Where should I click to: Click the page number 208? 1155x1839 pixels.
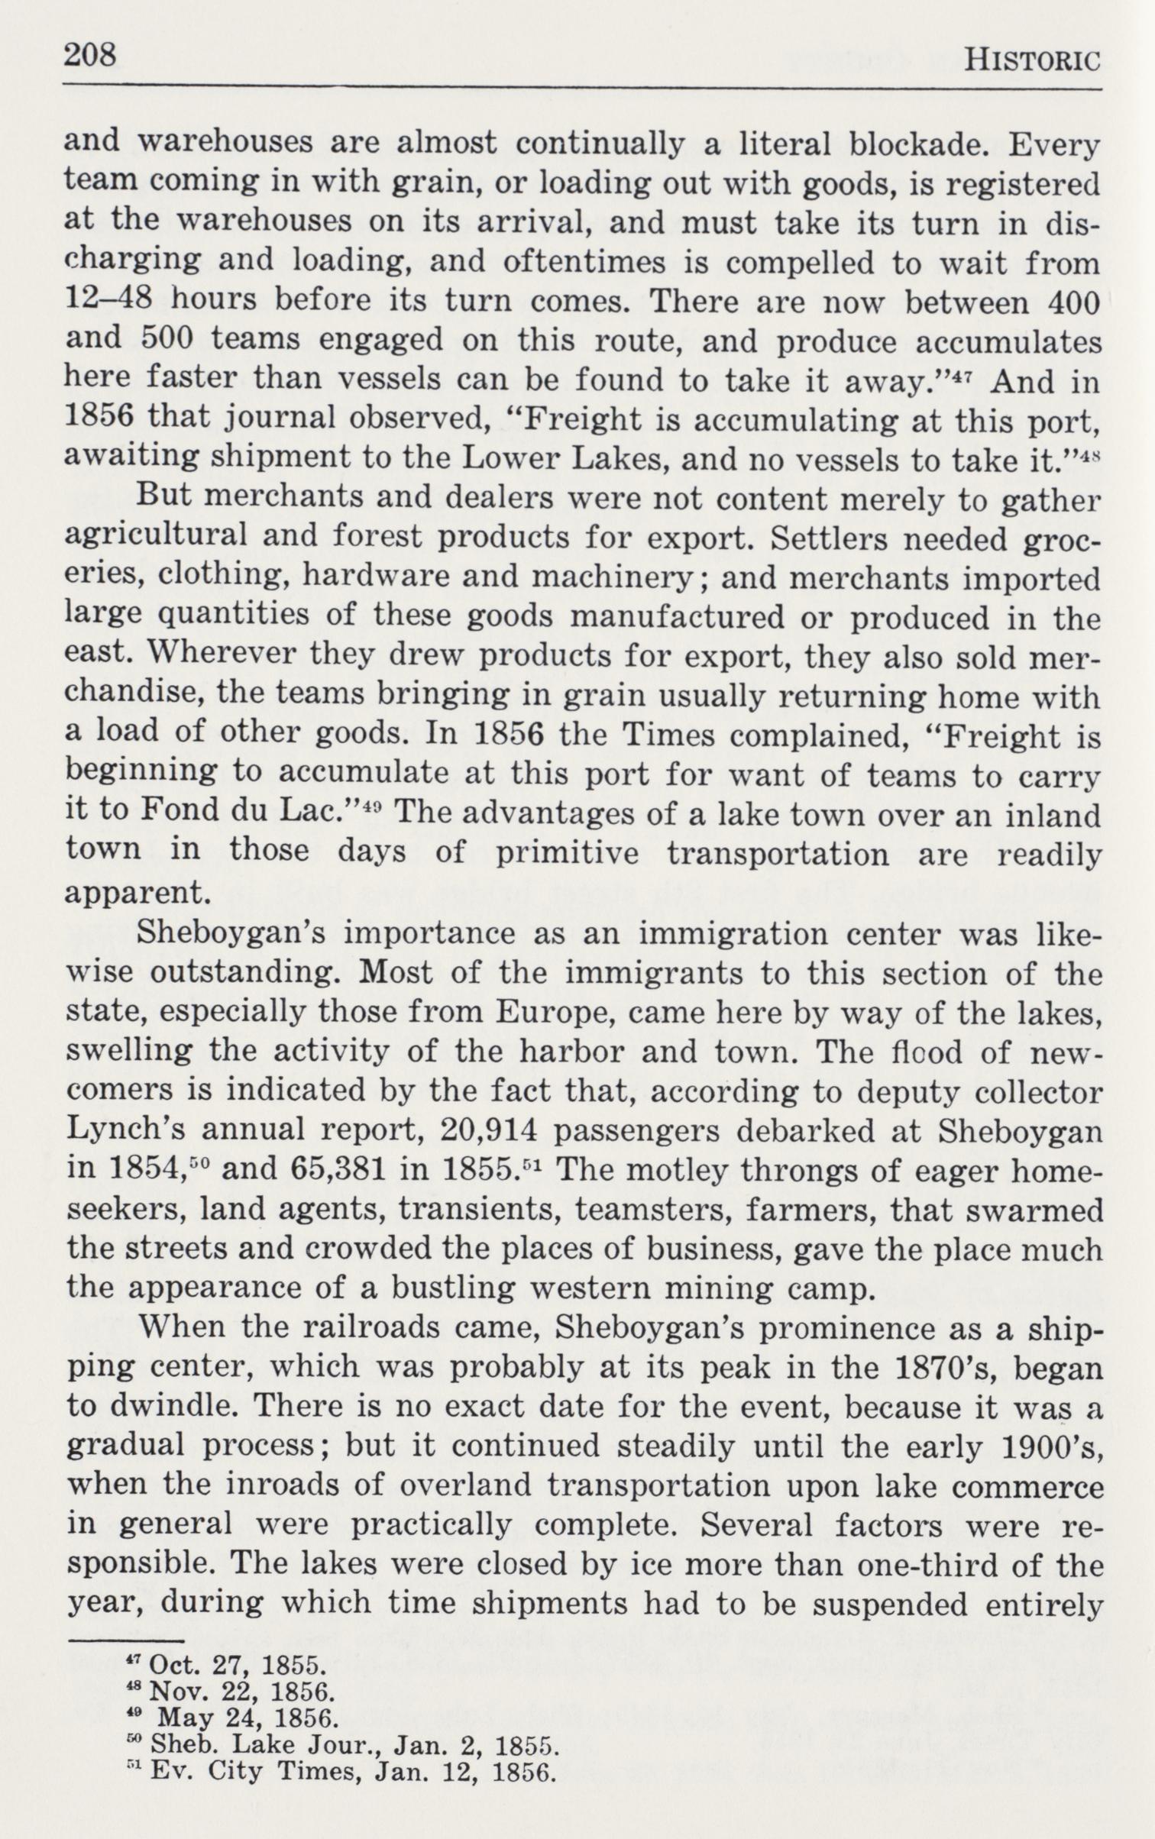90,56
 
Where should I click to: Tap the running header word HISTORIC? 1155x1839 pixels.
1032,60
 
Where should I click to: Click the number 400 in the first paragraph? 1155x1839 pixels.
1073,303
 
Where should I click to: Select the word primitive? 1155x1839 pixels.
567,853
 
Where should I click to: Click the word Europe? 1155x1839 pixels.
542,1013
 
